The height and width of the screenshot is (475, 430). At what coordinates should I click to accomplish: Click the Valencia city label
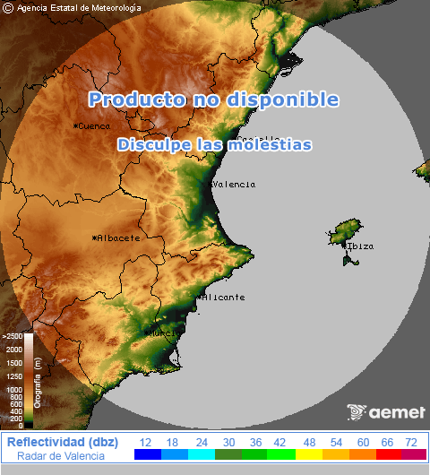[x=233, y=185]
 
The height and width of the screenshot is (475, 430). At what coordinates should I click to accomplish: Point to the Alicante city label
[x=223, y=297]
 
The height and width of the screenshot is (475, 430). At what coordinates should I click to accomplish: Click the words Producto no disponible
[x=213, y=99]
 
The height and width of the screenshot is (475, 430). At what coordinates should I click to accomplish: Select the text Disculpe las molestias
[x=214, y=144]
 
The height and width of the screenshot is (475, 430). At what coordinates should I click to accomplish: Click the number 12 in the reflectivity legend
[x=146, y=443]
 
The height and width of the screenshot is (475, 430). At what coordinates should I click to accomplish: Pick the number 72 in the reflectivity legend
[x=411, y=443]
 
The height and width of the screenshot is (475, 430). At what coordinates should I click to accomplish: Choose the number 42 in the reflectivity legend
[x=279, y=443]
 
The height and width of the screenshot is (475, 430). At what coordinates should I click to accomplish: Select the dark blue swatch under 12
[x=147, y=455]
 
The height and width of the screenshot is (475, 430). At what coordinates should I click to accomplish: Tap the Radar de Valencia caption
[x=61, y=456]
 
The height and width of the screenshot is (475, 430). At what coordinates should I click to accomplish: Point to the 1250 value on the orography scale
[x=14, y=376]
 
